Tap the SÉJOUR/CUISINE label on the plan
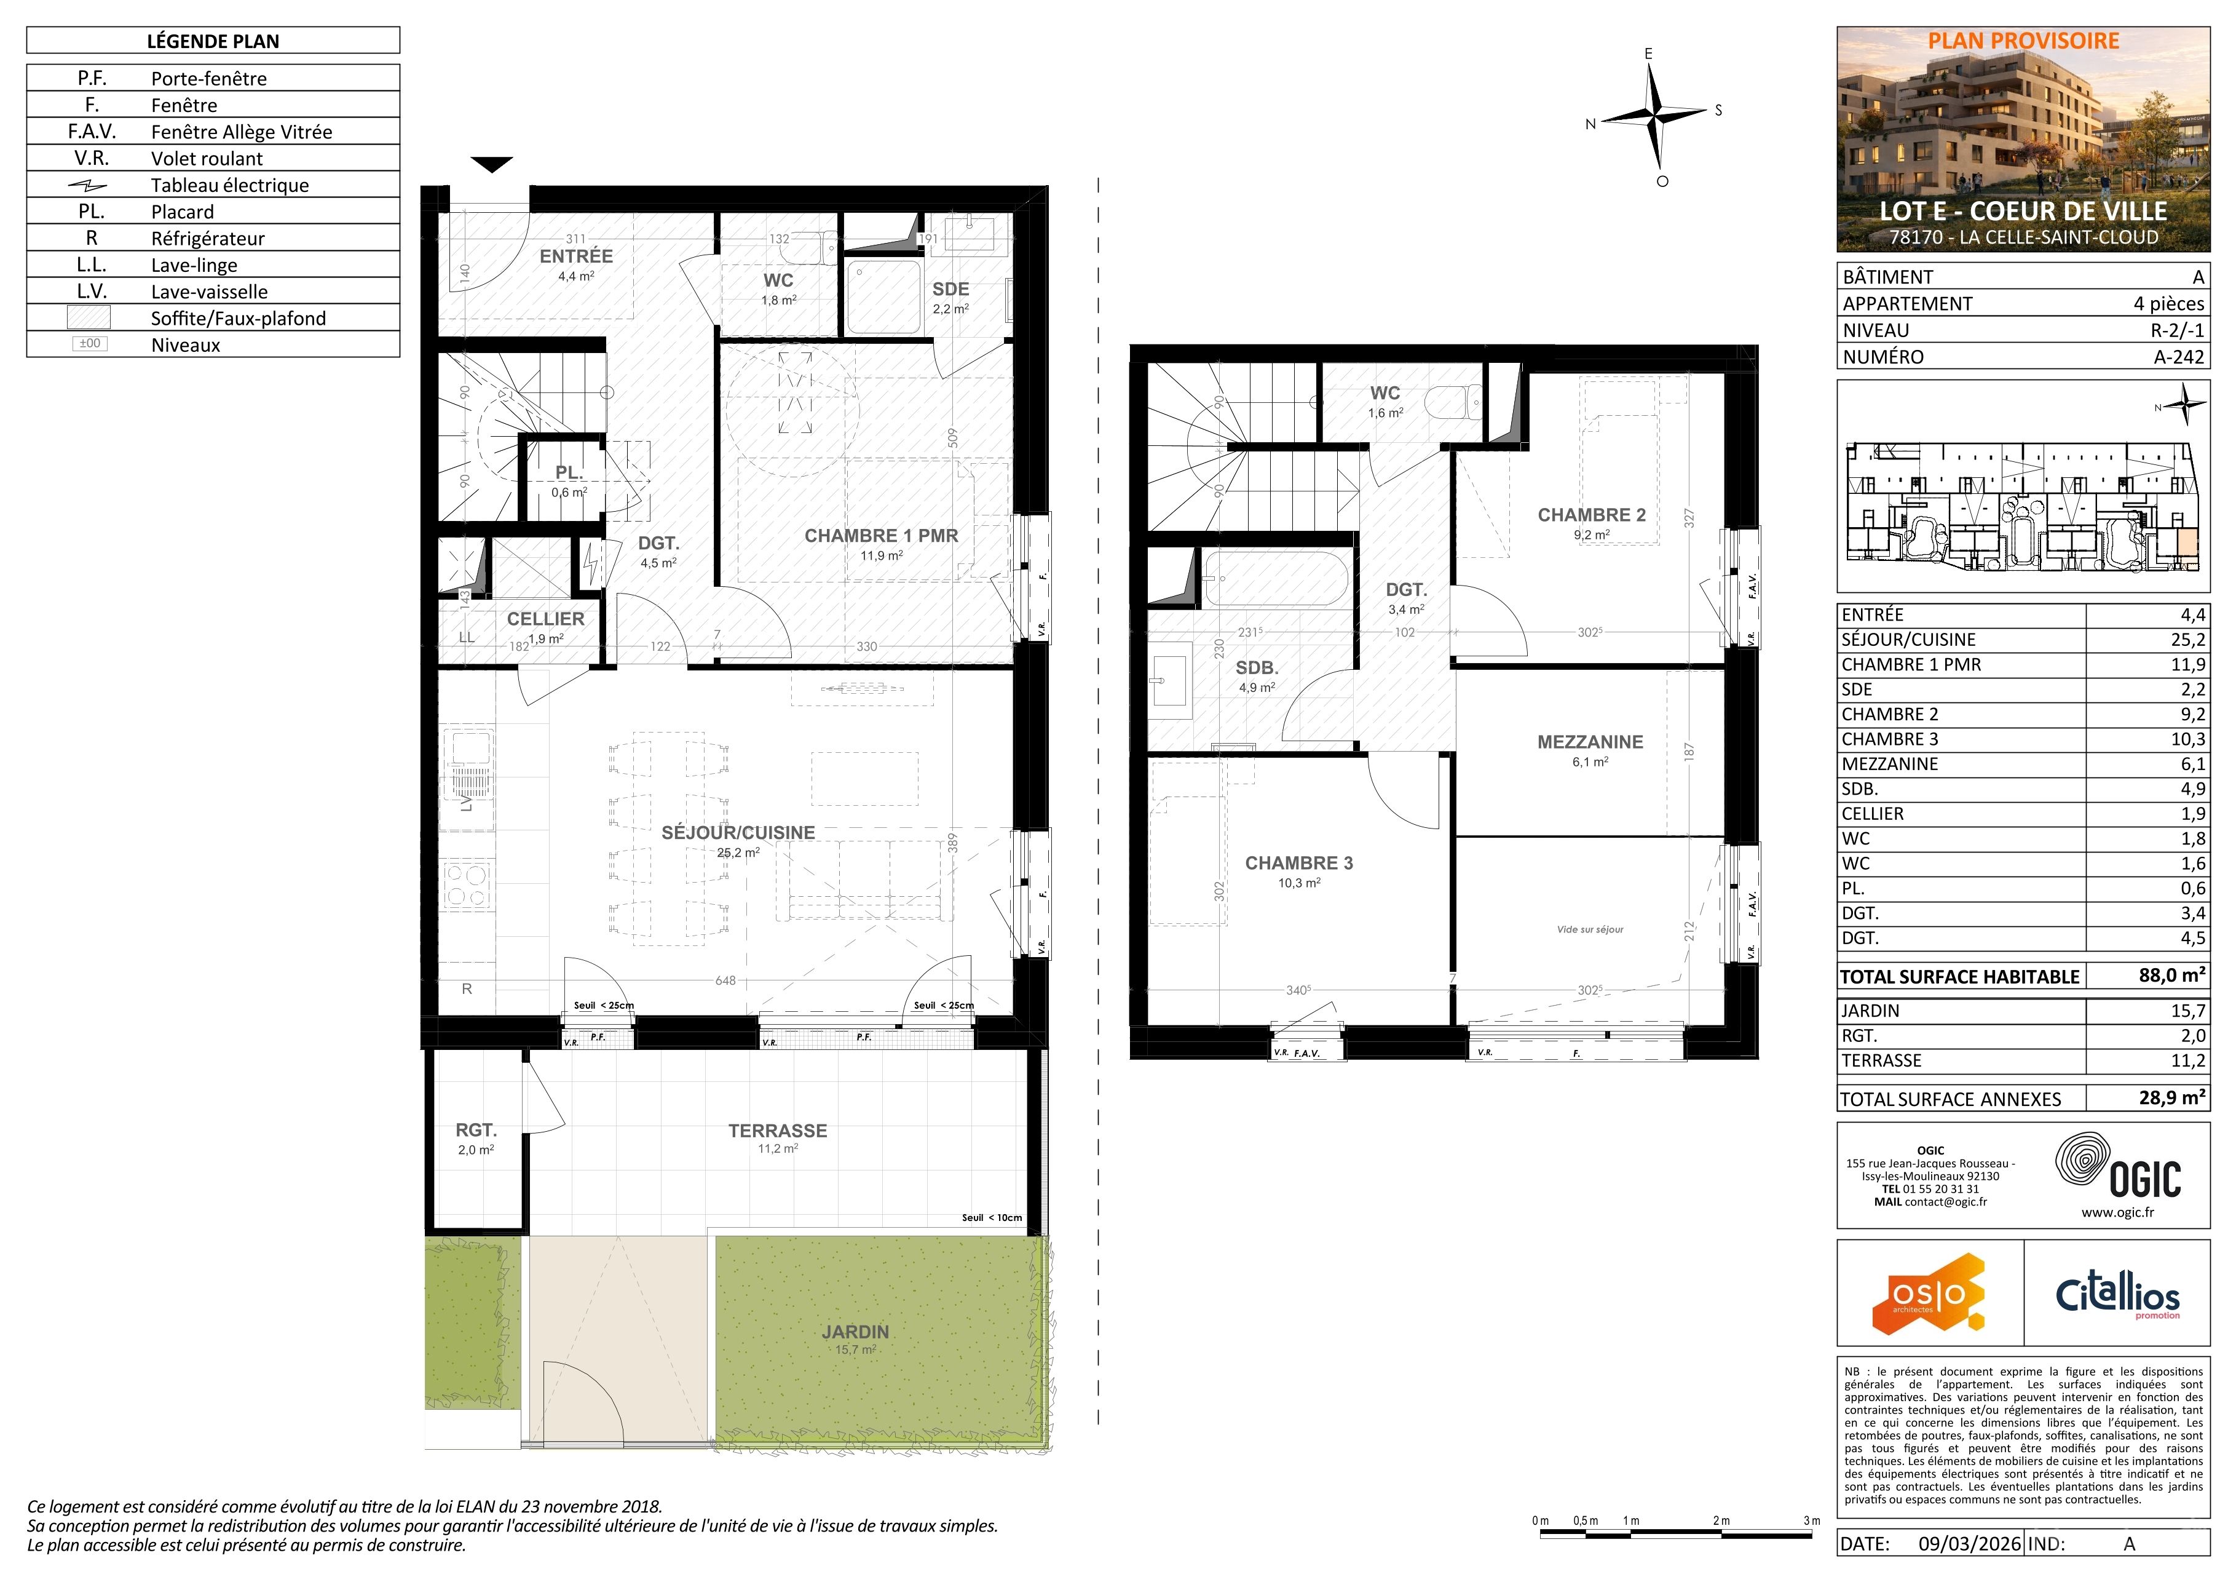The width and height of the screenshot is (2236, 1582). point(738,833)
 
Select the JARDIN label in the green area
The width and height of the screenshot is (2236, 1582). point(855,1332)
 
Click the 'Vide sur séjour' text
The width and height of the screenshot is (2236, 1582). point(1590,929)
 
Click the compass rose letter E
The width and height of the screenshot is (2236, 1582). point(1649,54)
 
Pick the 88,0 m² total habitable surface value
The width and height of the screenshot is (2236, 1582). point(2171,975)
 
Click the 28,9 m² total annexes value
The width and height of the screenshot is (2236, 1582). point(2171,1098)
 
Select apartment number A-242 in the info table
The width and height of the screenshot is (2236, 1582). point(2179,357)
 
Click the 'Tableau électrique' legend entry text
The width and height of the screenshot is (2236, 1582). point(230,185)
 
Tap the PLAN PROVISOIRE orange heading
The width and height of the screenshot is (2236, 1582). point(2024,41)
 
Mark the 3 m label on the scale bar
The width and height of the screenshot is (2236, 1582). point(1811,1520)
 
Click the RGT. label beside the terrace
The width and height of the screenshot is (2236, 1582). point(476,1130)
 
